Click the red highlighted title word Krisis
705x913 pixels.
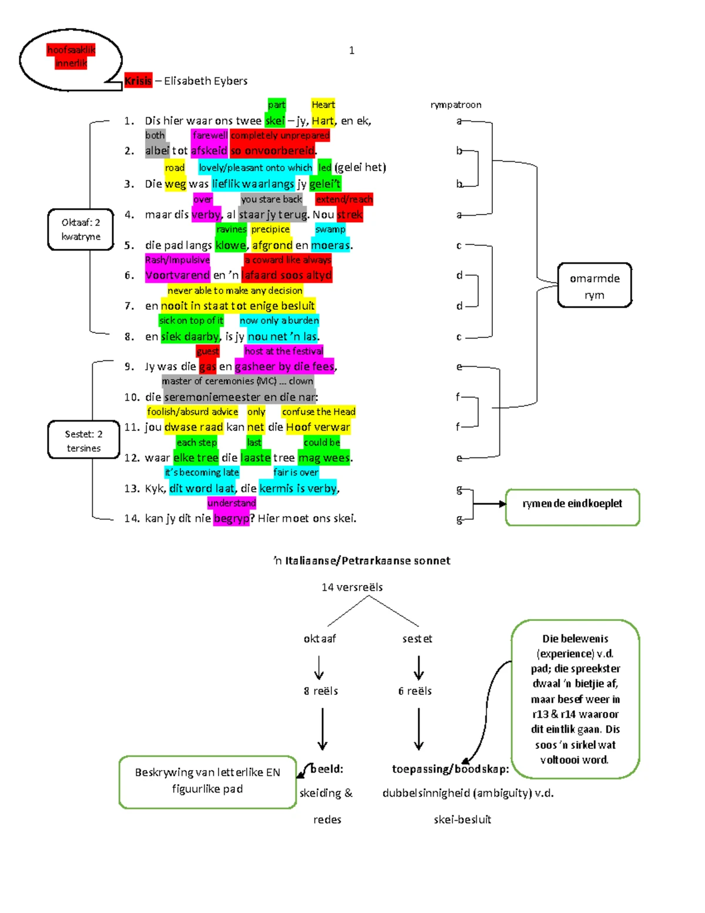[x=138, y=81]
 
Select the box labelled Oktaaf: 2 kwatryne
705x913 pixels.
[x=80, y=229]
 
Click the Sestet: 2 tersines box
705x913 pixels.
[x=83, y=441]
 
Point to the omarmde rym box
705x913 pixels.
[x=594, y=286]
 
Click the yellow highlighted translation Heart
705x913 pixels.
[x=323, y=105]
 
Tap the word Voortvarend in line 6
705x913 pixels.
[x=177, y=275]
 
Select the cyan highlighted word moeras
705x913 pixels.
[x=330, y=245]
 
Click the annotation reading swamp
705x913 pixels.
[x=330, y=229]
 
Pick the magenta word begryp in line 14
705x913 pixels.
[x=231, y=519]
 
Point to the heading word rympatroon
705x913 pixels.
[x=456, y=105]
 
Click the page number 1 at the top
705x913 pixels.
[x=351, y=51]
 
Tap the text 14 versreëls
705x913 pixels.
[x=352, y=587]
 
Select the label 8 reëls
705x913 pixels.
[x=321, y=691]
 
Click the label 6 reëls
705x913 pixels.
[x=415, y=691]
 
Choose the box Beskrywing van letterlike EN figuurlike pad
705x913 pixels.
[x=207, y=781]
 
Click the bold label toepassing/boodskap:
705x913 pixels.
[x=451, y=769]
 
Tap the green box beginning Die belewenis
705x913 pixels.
[x=575, y=698]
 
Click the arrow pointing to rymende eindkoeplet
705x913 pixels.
[x=489, y=504]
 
